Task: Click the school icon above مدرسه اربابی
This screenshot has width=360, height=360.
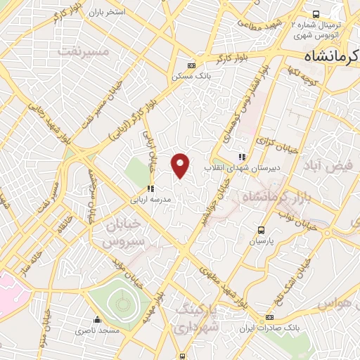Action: [x=150, y=188]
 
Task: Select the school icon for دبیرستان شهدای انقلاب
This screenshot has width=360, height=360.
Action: [x=243, y=157]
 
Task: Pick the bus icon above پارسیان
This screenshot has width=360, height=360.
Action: [x=262, y=229]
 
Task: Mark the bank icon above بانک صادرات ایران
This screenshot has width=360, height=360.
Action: [x=270, y=318]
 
